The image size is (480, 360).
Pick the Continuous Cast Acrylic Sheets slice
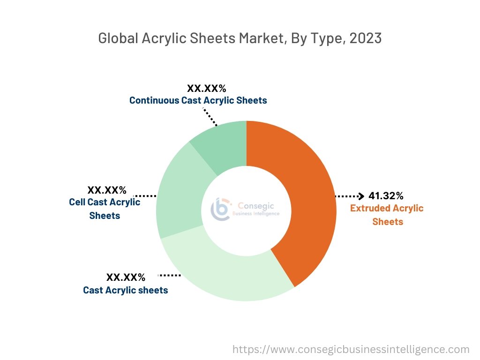click(223, 143)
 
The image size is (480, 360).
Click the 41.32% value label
click(386, 195)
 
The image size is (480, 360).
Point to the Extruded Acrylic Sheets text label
click(387, 215)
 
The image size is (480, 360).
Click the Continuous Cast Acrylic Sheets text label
click(198, 100)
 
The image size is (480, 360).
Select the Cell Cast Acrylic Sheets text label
click(105, 209)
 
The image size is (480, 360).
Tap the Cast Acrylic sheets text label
click(125, 290)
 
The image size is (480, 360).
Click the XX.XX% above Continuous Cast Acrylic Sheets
click(206, 88)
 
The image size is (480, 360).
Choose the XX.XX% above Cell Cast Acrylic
click(107, 190)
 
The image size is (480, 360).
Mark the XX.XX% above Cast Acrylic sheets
click(126, 277)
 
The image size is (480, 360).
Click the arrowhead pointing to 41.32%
click(361, 196)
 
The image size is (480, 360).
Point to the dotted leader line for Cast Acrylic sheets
click(169, 275)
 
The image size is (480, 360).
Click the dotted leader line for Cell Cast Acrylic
click(145, 195)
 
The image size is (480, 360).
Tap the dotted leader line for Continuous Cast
click(210, 117)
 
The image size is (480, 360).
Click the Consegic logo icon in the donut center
click(221, 209)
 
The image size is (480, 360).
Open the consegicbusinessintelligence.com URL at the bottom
click(351, 349)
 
